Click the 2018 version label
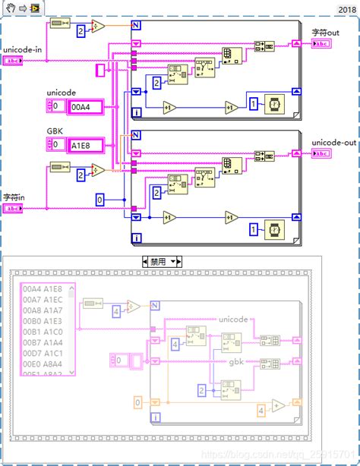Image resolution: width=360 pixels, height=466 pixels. (345, 9)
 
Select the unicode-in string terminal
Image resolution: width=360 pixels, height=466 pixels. (14, 60)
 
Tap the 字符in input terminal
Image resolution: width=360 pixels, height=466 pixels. (14, 208)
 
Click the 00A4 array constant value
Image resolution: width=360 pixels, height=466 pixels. (81, 108)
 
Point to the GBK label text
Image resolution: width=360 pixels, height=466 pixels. (56, 131)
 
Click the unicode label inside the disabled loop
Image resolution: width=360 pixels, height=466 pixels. (238, 320)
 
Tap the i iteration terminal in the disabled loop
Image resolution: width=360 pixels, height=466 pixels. (156, 417)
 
